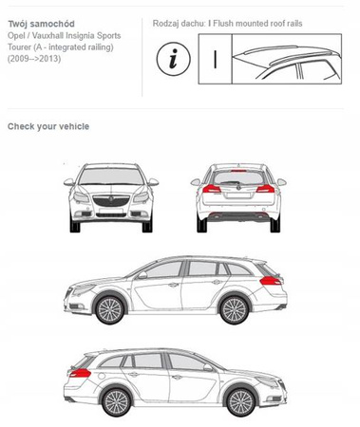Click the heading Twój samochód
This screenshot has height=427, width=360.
[41, 24]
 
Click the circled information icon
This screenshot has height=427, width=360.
[174, 59]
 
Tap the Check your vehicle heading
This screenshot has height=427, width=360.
[48, 126]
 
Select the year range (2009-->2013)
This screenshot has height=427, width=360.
[34, 59]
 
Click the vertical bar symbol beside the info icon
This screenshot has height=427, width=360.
[215, 59]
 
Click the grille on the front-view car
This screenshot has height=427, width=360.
[111, 201]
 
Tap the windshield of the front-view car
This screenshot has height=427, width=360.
[111, 176]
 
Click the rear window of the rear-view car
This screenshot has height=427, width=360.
[238, 178]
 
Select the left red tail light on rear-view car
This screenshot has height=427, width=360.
[212, 189]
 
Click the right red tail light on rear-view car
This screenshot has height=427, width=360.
[265, 189]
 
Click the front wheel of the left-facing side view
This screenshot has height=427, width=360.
[109, 309]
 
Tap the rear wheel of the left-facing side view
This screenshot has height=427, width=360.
[235, 310]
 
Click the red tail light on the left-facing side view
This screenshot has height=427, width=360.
[270, 280]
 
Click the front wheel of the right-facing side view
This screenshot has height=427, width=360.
[241, 402]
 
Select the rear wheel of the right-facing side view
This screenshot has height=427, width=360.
[117, 402]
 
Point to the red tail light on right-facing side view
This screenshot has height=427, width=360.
[80, 373]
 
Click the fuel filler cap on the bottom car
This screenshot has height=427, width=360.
[102, 377]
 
